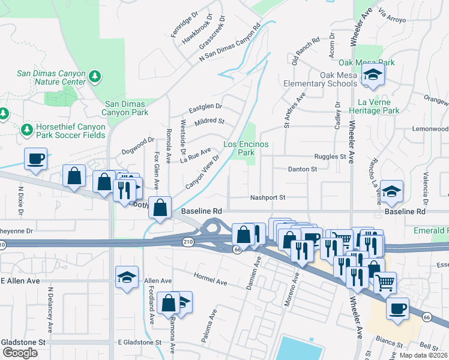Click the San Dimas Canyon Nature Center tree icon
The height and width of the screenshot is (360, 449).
click(x=94, y=77)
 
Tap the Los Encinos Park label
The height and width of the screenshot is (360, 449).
click(x=246, y=149)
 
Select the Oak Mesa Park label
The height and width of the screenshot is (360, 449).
click(x=366, y=62)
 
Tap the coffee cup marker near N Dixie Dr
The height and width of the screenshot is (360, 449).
click(x=35, y=159)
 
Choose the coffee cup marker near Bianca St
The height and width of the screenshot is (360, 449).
click(x=397, y=308)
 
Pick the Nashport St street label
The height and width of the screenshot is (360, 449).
click(x=267, y=197)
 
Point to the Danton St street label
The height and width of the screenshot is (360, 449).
click(x=302, y=170)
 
